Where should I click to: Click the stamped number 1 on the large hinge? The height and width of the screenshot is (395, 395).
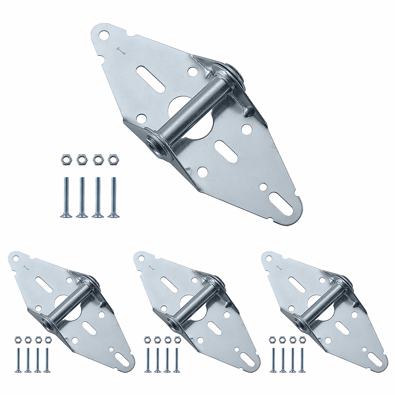click(120, 50)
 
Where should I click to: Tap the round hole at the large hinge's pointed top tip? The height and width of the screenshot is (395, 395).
click(105, 34)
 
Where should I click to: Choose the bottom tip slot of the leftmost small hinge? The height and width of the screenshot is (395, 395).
click(122, 356)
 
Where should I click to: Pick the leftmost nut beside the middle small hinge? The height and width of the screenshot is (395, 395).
click(147, 339)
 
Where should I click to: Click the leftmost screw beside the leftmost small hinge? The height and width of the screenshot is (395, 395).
click(17, 359)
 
